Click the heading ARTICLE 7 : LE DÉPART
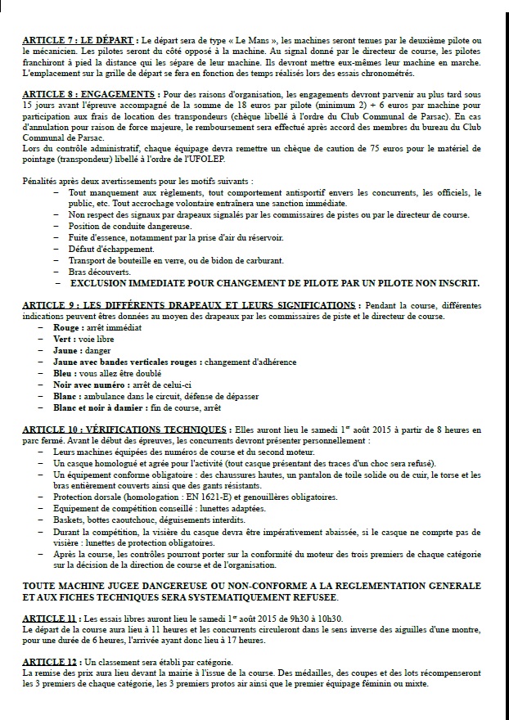point(79,39)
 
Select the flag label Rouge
point(67,327)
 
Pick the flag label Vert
point(63,339)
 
